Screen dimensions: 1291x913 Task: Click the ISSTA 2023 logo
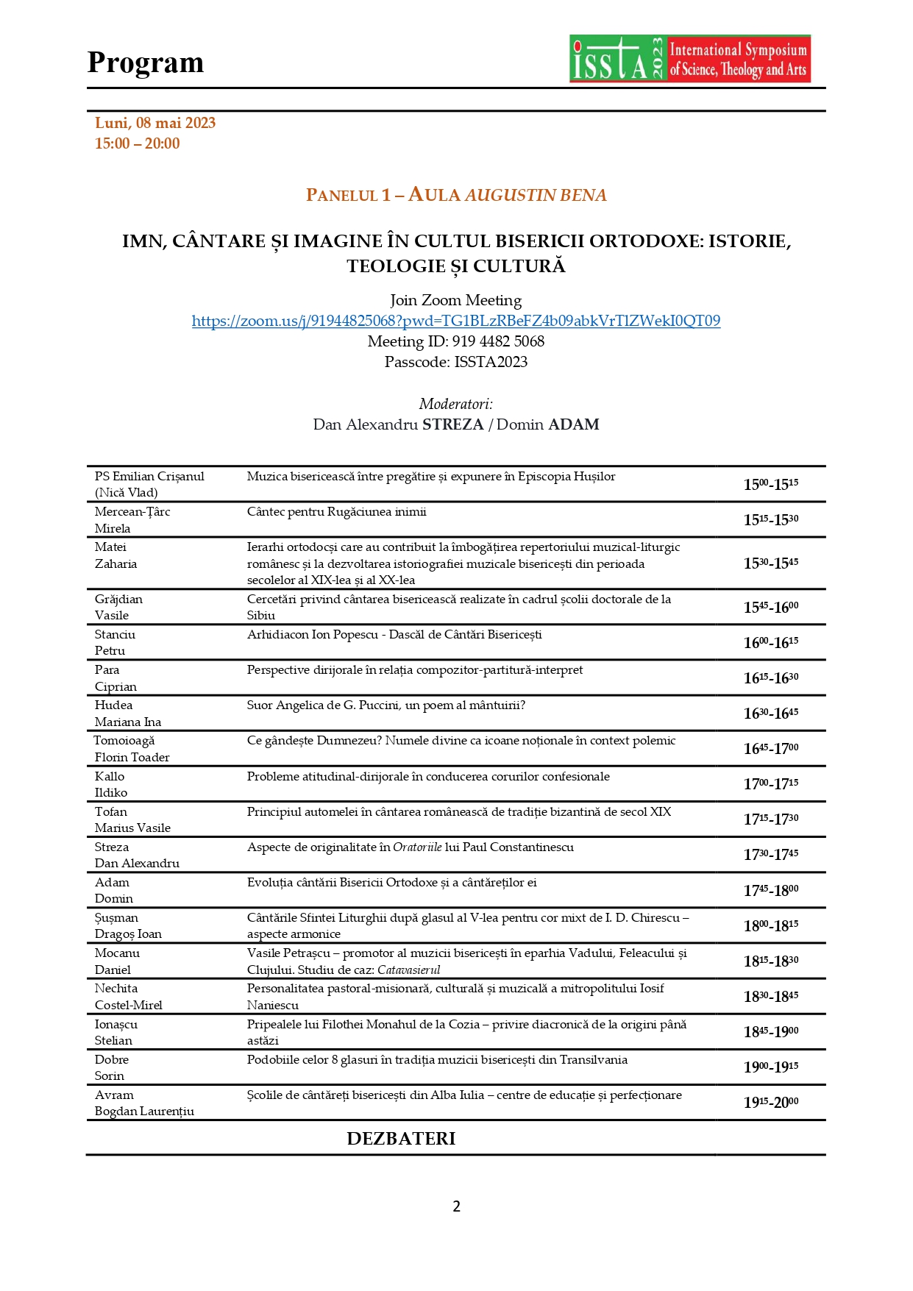tap(689, 59)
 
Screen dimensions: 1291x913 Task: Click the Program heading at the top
tap(146, 63)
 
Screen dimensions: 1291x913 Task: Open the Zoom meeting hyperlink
tap(455, 321)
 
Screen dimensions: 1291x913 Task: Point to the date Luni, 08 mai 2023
tap(155, 123)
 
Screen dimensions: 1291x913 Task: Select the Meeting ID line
tap(455, 341)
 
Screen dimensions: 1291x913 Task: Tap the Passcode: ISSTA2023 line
tap(455, 362)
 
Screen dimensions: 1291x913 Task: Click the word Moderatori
tap(455, 404)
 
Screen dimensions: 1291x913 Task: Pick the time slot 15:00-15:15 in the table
tap(770, 484)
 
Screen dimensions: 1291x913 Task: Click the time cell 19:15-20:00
tap(770, 1102)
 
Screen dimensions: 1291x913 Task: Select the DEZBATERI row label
tap(401, 1139)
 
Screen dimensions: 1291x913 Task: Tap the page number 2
tap(456, 1206)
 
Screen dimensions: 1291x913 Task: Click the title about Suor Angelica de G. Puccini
tap(386, 705)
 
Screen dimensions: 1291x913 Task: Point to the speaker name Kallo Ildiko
tap(111, 784)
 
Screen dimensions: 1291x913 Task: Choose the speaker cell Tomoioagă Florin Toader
tap(132, 749)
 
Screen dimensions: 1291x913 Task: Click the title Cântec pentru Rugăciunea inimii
tap(336, 512)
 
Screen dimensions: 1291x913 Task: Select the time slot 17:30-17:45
tap(770, 854)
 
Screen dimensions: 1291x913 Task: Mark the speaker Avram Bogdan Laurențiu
tap(144, 1103)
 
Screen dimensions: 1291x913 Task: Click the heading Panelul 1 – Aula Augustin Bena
tap(456, 195)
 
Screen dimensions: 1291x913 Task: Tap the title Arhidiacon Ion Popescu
tap(394, 635)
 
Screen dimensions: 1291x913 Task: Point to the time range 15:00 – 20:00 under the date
tap(137, 143)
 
